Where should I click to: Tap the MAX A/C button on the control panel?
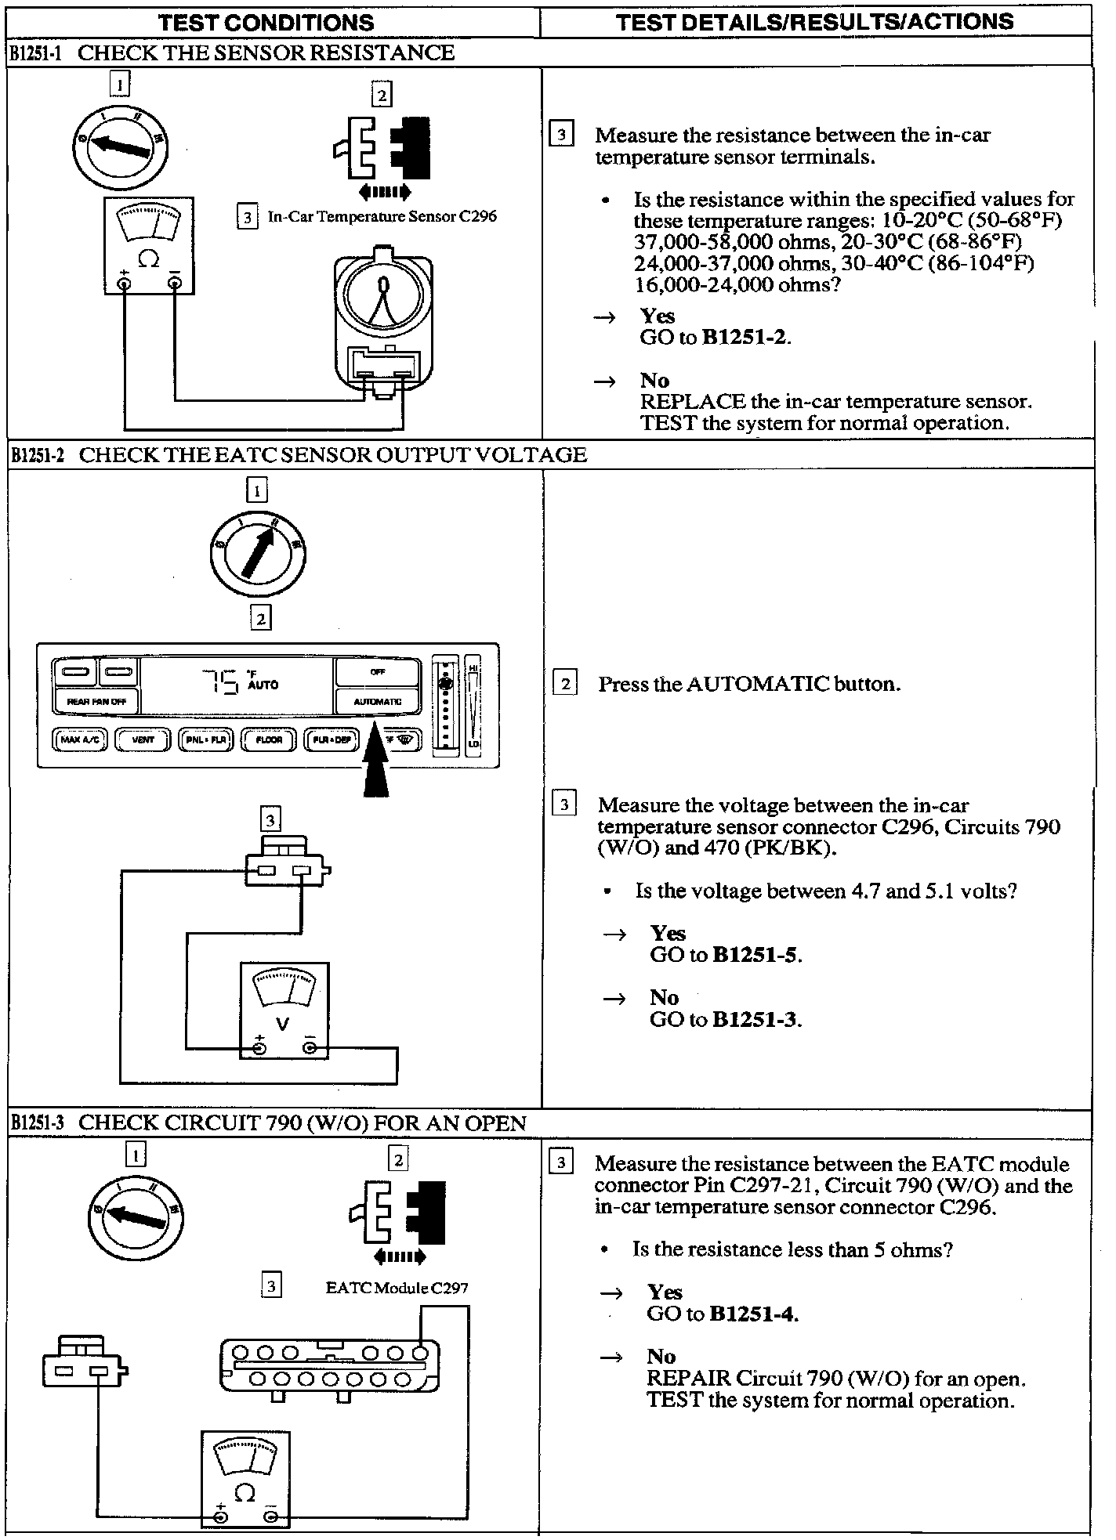pyautogui.click(x=80, y=739)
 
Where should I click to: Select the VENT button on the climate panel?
pyautogui.click(x=143, y=739)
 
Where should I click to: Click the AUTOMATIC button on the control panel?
pyautogui.click(x=377, y=701)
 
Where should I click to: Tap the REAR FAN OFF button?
pyautogui.click(x=96, y=701)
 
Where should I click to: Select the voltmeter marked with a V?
pyautogui.click(x=284, y=1010)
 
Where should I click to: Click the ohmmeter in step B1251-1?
pyautogui.click(x=149, y=245)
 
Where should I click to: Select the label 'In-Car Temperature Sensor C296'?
pyautogui.click(x=382, y=216)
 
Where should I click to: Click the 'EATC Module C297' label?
pyautogui.click(x=397, y=1287)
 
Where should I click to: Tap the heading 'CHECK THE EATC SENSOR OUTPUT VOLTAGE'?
pyautogui.click(x=333, y=455)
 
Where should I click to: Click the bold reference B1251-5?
pyautogui.click(x=755, y=955)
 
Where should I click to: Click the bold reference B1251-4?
pyautogui.click(x=752, y=1314)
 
